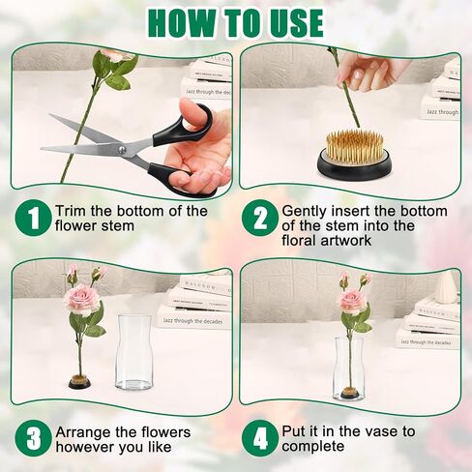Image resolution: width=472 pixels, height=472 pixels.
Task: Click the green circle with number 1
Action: click(34, 218)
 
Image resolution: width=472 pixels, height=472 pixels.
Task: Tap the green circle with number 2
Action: click(261, 218)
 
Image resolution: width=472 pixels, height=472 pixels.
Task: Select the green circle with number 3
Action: click(34, 437)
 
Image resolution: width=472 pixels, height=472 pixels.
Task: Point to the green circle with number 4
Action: click(261, 437)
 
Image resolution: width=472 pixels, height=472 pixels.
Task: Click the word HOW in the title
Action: click(188, 20)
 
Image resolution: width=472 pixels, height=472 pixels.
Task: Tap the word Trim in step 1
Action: click(73, 210)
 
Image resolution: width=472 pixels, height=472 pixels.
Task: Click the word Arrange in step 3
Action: click(84, 431)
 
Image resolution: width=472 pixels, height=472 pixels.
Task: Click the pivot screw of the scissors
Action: click(121, 149)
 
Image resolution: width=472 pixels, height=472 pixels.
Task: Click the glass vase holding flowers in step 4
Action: click(351, 368)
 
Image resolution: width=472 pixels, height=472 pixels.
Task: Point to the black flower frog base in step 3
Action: click(79, 383)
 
